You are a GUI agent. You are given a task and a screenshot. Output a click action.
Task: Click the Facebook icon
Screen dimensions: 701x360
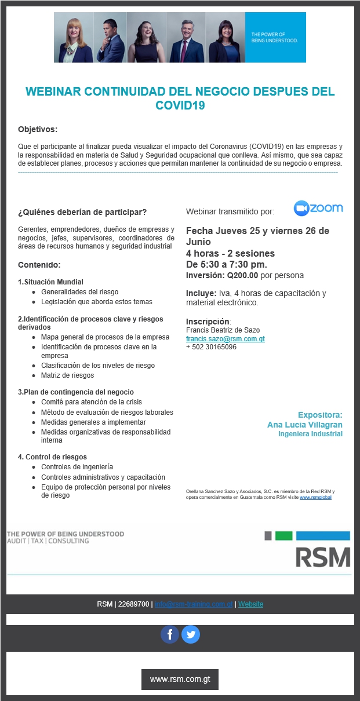pos(170,634)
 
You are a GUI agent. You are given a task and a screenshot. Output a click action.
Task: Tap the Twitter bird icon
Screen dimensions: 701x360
pos(191,634)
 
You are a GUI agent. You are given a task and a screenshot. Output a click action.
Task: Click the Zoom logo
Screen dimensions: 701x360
pos(318,208)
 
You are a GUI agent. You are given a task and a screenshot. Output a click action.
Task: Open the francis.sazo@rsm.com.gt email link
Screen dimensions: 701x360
pos(226,339)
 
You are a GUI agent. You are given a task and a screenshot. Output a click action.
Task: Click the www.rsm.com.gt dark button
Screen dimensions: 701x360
pos(180,679)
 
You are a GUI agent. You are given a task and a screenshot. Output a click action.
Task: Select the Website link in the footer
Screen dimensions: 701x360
pos(250,604)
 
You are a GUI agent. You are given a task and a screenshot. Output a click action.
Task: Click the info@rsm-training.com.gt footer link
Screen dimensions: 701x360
pos(194,604)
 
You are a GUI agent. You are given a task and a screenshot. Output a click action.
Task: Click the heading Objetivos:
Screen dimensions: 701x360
pos(38,129)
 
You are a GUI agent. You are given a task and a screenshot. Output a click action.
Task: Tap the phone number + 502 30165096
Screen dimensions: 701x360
pos(211,347)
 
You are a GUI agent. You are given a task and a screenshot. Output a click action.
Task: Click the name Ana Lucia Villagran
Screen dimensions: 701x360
pos(304,425)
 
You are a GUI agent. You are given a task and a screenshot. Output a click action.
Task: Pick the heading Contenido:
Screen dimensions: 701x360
pos(39,265)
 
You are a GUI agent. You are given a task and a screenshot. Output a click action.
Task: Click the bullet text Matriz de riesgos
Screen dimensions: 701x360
pos(67,375)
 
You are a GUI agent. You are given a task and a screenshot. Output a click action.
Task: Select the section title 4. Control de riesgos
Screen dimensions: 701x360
pos(52,457)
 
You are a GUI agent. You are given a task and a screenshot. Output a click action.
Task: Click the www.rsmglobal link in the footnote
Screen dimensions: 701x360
pos(315,497)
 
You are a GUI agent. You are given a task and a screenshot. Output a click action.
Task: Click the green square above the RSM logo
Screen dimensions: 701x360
pos(283,535)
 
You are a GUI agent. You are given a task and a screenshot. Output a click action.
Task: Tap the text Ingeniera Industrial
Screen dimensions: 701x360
pos(310,434)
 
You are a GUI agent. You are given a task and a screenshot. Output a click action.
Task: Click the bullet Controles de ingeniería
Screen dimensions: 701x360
pos(77,467)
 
